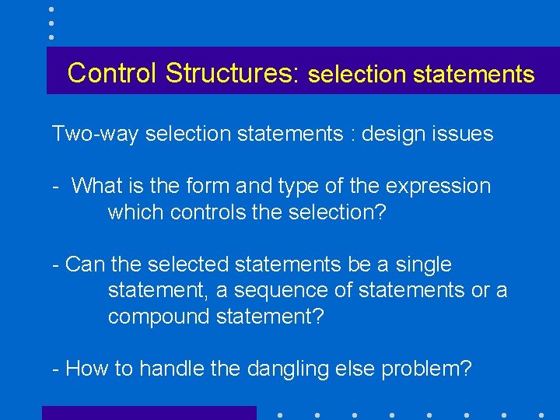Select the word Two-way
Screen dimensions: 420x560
click(x=96, y=134)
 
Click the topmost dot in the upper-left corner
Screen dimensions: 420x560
click(x=51, y=9)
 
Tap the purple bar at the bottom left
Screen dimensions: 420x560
click(x=149, y=413)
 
